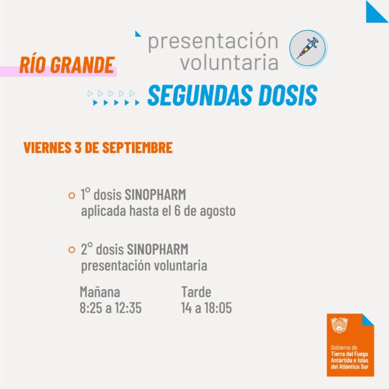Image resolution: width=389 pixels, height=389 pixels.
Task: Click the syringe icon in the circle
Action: (308, 48)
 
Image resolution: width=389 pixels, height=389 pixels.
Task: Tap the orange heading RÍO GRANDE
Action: (67, 65)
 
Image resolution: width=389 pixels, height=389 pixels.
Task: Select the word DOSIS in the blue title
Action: (288, 95)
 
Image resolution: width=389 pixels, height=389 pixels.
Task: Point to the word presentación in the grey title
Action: (213, 42)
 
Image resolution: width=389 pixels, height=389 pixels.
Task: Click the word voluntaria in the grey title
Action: (229, 62)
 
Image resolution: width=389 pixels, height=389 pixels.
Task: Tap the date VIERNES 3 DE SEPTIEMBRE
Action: (98, 148)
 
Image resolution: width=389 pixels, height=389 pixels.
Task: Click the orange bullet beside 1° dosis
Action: (71, 195)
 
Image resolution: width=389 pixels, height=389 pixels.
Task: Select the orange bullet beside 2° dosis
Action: (71, 249)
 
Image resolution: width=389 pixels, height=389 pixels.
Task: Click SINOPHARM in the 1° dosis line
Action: (155, 194)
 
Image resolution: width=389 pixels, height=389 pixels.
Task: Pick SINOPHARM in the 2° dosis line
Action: (158, 249)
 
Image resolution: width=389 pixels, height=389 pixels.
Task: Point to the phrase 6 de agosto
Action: (205, 211)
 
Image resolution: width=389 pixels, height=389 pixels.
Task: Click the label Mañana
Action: (100, 292)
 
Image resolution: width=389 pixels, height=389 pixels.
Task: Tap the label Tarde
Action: (196, 292)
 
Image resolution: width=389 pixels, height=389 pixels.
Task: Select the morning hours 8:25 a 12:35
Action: (111, 308)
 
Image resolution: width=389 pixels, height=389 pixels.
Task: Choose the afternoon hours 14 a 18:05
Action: (206, 308)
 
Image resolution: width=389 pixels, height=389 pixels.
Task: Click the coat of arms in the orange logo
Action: (339, 325)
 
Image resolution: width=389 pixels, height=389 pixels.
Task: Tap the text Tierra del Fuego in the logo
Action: (349, 354)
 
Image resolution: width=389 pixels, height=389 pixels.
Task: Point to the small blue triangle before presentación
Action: (138, 34)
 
